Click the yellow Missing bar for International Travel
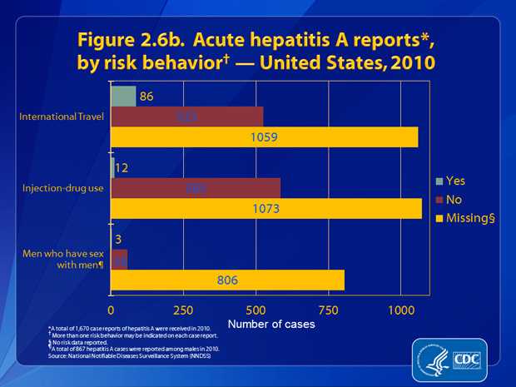tap(264, 136)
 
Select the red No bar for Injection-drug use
tap(196, 188)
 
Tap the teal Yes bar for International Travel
tap(123, 96)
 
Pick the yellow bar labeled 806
tap(227, 280)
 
